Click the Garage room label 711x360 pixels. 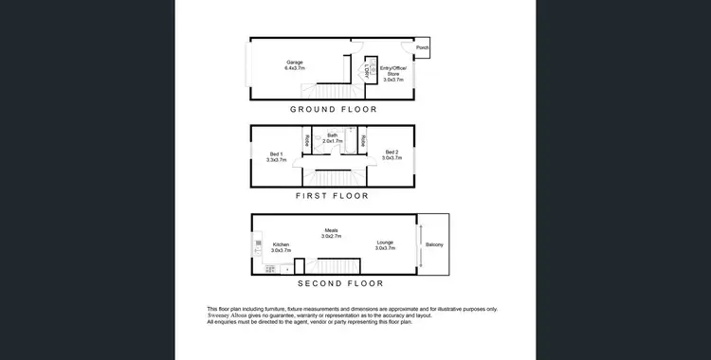[x=294, y=63]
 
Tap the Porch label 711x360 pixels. [x=422, y=48]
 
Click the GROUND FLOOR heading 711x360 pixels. [x=333, y=110]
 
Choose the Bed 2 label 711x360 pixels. [x=391, y=154]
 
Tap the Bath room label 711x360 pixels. [x=333, y=135]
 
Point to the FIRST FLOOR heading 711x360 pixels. [x=332, y=196]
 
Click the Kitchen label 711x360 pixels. [x=281, y=244]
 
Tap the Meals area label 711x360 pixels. [x=332, y=228]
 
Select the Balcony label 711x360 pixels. [x=434, y=245]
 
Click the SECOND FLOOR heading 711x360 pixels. [x=340, y=283]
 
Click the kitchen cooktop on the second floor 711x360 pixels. [x=270, y=268]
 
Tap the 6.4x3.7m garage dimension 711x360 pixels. [x=297, y=68]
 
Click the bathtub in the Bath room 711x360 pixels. [x=350, y=143]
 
